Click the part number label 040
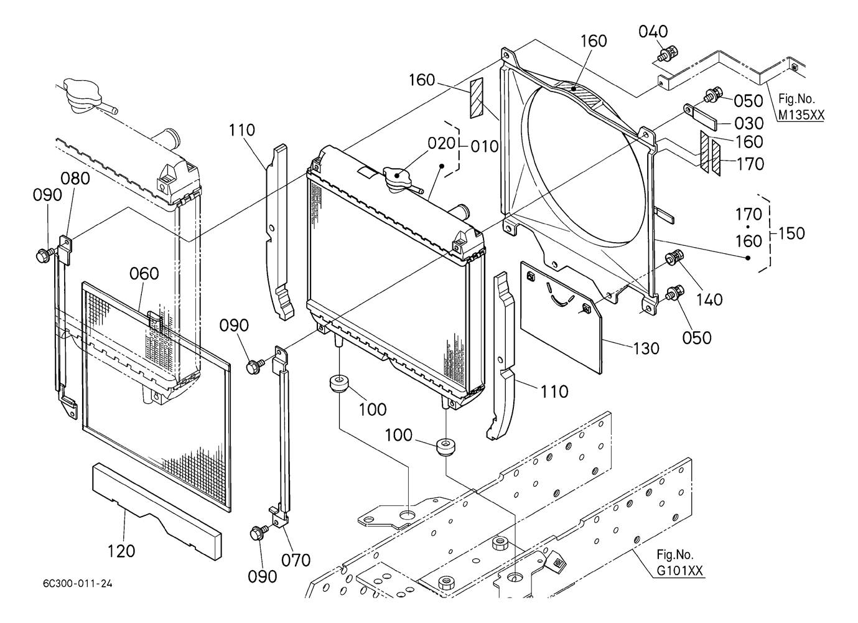pyautogui.click(x=653, y=31)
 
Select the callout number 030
pyautogui.click(x=749, y=123)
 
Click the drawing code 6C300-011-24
pyautogui.click(x=78, y=584)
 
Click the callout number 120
pyautogui.click(x=121, y=551)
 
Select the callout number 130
pyautogui.click(x=645, y=349)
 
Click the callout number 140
pyautogui.click(x=709, y=299)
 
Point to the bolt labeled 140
pyautogui.click(x=674, y=256)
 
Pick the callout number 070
pyautogui.click(x=296, y=560)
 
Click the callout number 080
pyautogui.click(x=75, y=179)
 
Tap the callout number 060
pyautogui.click(x=144, y=274)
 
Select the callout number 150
pyautogui.click(x=791, y=233)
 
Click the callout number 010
pyautogui.click(x=485, y=146)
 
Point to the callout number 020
pyautogui.click(x=442, y=143)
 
